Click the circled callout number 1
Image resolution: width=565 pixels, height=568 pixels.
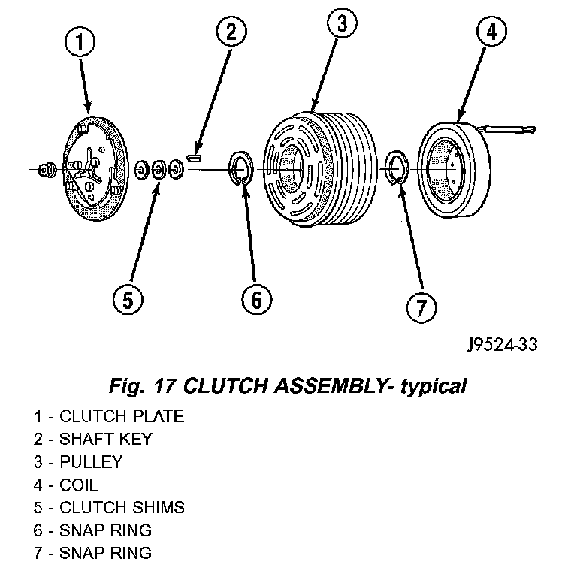coord(80,41)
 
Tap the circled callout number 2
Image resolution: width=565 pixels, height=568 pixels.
coord(232,32)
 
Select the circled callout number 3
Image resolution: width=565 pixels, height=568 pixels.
coord(342,23)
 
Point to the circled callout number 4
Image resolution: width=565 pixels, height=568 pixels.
coord(491,31)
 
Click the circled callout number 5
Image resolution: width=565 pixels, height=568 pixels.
coord(128,300)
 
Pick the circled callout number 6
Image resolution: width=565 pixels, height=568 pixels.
coord(257,299)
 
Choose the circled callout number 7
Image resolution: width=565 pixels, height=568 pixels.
coord(421,308)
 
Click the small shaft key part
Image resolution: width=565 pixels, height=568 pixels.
coord(195,158)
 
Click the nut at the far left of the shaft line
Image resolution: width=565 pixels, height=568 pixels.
coord(47,170)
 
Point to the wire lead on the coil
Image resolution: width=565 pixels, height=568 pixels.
coord(507,128)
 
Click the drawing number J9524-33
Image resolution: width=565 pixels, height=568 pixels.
coord(503,345)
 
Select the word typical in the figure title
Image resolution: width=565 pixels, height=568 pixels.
coord(434,387)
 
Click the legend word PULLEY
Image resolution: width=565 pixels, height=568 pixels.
coord(91,462)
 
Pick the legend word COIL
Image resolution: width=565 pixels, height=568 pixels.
coord(79,485)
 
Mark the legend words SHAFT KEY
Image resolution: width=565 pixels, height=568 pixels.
coord(106,439)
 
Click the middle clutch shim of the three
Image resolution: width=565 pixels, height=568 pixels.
coord(159,169)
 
